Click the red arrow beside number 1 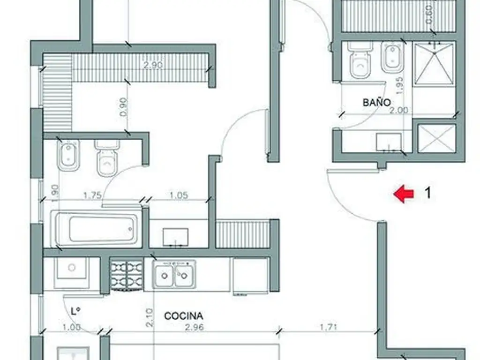coord(404,194)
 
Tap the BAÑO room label coord(376,102)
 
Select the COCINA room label coord(183,316)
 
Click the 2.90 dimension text coord(153,65)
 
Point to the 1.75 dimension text coord(92,195)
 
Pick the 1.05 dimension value coord(179,195)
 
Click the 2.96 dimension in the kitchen coord(195,327)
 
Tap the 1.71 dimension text coord(329,327)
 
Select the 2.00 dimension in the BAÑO coord(398,110)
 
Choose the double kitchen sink coord(174,274)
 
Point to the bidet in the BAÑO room coord(392,58)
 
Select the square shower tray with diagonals coord(434,64)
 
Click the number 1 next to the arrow coord(428,193)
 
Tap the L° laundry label coord(75,311)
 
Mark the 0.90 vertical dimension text coord(124,107)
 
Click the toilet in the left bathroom coord(106,158)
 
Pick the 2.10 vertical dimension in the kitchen coord(149,318)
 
